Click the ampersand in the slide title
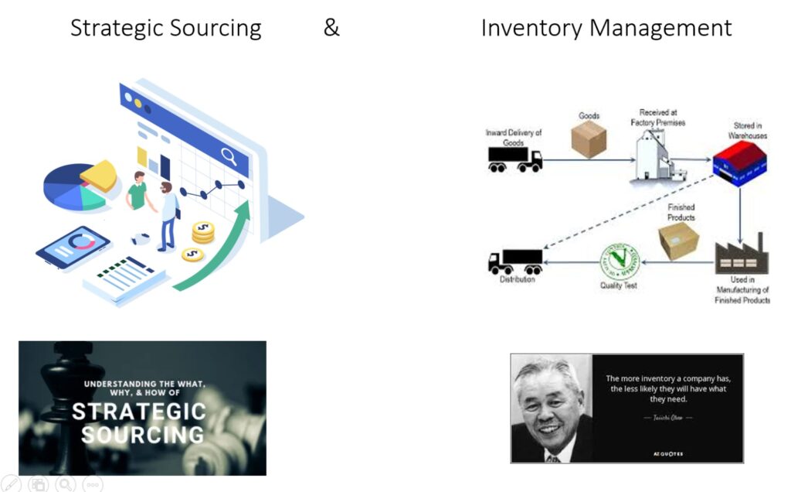(x=331, y=28)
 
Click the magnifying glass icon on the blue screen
(x=229, y=156)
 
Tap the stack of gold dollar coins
(x=202, y=232)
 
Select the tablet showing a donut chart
(x=73, y=245)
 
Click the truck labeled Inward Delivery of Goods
(x=514, y=159)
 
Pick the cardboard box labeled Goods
(x=588, y=139)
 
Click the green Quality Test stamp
(x=620, y=263)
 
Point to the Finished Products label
(x=681, y=212)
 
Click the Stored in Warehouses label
(x=748, y=130)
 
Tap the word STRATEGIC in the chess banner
(x=139, y=411)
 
